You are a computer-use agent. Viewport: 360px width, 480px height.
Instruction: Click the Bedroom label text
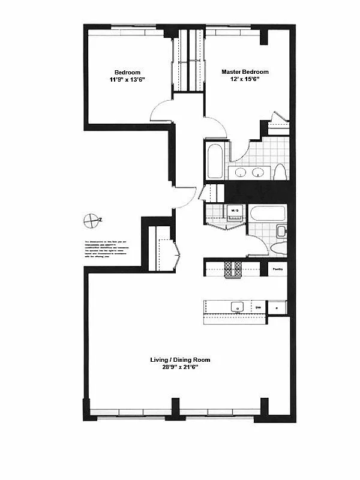(128, 73)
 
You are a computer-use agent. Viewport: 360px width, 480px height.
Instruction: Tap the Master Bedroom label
(245, 72)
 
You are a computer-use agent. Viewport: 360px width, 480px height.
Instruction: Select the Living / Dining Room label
(180, 360)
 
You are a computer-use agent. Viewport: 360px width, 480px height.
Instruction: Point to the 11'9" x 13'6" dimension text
(128, 80)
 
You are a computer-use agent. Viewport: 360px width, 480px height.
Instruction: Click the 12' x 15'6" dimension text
(245, 79)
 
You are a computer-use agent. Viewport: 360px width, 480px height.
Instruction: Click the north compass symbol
(91, 220)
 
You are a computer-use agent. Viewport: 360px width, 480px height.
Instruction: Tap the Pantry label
(277, 269)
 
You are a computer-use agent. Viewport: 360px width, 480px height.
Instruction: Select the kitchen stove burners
(233, 268)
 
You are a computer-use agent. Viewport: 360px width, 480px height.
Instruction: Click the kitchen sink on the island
(236, 307)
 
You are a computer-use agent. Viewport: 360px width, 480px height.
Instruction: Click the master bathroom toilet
(280, 172)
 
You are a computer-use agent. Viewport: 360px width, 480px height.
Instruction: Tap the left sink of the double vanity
(240, 173)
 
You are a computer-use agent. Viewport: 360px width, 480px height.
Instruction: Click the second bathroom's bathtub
(267, 214)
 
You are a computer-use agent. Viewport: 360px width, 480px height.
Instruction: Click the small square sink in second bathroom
(281, 230)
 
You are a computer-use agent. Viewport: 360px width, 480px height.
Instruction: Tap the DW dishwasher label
(259, 307)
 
